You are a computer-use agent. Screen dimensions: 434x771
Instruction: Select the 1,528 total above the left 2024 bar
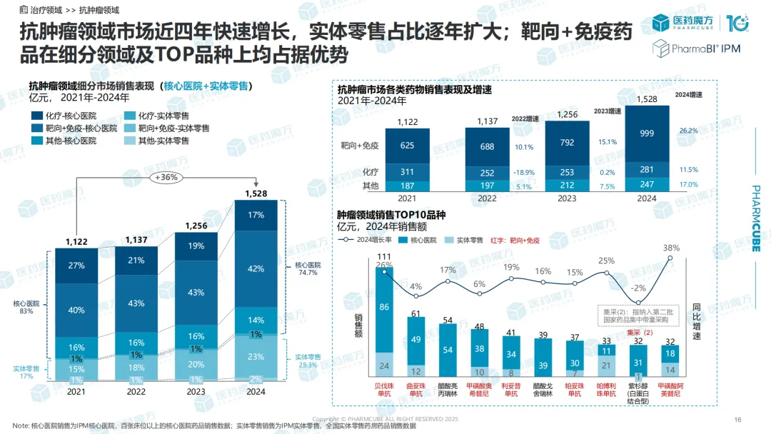tap(256, 193)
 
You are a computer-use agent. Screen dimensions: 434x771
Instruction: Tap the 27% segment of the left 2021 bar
tap(76, 266)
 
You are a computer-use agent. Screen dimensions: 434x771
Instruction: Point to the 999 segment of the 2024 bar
tap(647, 133)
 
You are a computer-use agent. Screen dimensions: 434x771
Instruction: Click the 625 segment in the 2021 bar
tap(407, 146)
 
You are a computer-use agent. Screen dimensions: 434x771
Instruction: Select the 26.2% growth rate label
tap(688, 131)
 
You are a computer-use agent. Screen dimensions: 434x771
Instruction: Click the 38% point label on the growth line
tap(670, 248)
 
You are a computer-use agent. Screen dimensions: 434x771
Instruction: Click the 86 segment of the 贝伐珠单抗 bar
tap(384, 307)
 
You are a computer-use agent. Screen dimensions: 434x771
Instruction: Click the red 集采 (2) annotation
tap(639, 333)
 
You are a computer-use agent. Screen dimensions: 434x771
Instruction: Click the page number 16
tap(738, 419)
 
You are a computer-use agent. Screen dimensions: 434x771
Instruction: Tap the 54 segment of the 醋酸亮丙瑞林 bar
tap(448, 350)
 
